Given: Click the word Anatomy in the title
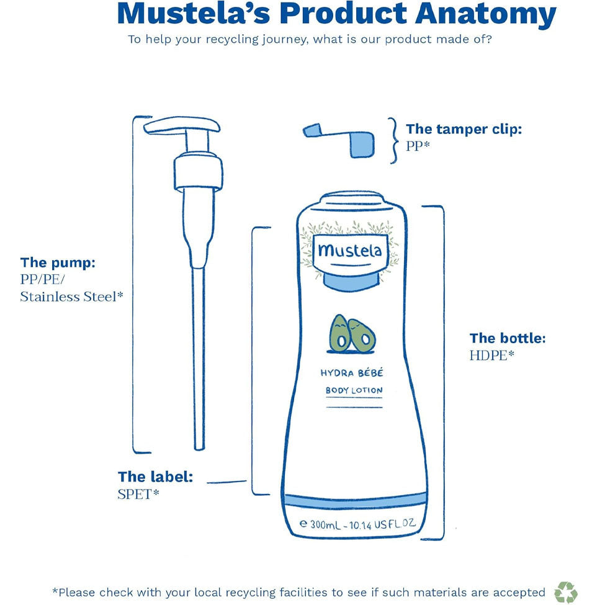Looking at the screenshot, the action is [485, 15].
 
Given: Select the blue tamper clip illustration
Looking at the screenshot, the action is [339, 140].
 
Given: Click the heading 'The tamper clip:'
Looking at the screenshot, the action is [464, 129].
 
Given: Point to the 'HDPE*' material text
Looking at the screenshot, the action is [492, 355].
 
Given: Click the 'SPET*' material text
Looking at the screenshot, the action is [138, 494].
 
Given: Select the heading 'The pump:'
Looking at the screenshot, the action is [58, 262].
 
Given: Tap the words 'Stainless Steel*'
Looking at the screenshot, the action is [71, 297].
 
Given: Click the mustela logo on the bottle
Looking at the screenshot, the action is [349, 251].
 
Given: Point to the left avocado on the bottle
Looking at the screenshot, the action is [339, 333].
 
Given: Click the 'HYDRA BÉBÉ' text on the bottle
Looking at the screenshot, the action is [352, 373].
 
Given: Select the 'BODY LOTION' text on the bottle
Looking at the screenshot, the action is [354, 390].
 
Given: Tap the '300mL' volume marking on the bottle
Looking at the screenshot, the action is [325, 525].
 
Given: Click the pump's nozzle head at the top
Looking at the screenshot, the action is [182, 127].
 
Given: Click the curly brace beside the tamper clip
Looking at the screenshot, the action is [393, 140].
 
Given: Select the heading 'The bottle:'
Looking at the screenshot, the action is [508, 338].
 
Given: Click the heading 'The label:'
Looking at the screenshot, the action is [156, 477].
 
